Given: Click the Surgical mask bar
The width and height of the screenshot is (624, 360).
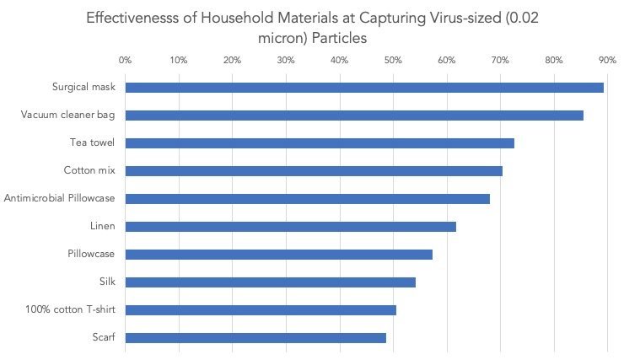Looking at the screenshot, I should coord(364,88).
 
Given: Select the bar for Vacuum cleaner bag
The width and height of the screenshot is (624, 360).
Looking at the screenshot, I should coord(354,116).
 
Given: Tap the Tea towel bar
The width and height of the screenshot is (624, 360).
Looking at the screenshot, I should coord(320,143).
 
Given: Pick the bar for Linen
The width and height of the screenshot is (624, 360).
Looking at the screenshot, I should coord(291,227).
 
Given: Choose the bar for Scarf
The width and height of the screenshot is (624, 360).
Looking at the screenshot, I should coord(256,338).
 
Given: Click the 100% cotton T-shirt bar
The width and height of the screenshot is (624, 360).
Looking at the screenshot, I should coord(261,310).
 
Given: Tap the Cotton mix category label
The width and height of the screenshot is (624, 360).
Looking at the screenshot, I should coord(89,171).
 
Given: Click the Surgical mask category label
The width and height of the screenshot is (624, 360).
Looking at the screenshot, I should coord(83,88).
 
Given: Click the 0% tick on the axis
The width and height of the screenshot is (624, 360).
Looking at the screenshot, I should coord(125,60).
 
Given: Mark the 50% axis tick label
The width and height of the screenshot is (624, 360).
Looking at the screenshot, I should coord(392,60).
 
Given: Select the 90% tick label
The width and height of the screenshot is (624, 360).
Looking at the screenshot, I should coord(606,60).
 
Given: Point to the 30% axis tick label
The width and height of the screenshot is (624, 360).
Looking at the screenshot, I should coord(285,60).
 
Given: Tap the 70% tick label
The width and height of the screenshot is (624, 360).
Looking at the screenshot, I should coord(499,60).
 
